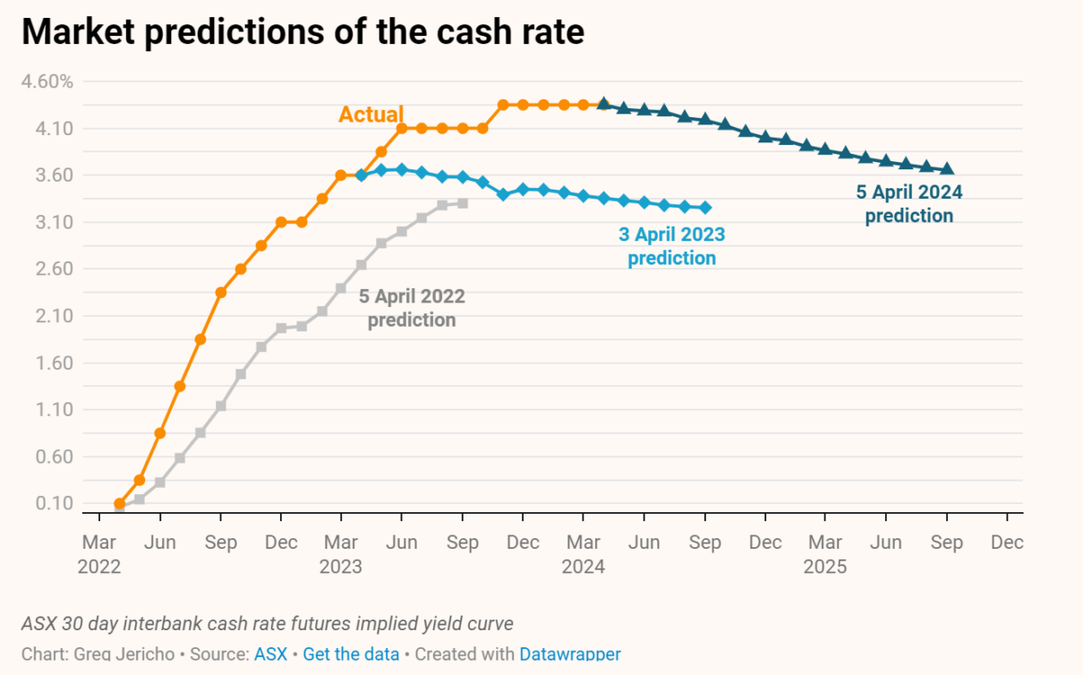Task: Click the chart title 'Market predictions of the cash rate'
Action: click(303, 32)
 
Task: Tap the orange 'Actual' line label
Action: click(371, 115)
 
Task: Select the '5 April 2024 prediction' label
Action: click(908, 203)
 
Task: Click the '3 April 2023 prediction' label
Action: click(671, 246)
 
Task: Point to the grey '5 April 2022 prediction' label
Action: click(412, 308)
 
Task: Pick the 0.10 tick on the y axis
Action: click(55, 503)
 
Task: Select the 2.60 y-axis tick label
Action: click(55, 269)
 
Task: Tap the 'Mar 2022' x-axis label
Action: click(100, 554)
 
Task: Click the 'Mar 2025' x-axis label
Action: click(824, 554)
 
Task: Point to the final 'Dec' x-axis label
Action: click(1008, 543)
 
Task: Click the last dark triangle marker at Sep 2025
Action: click(948, 169)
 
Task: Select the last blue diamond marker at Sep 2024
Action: click(705, 208)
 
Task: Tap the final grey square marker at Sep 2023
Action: click(462, 203)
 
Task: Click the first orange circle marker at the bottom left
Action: click(119, 503)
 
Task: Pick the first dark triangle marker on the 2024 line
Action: click(603, 104)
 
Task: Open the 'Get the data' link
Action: click(351, 654)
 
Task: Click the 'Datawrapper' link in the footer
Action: click(569, 654)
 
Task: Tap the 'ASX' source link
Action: click(270, 654)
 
